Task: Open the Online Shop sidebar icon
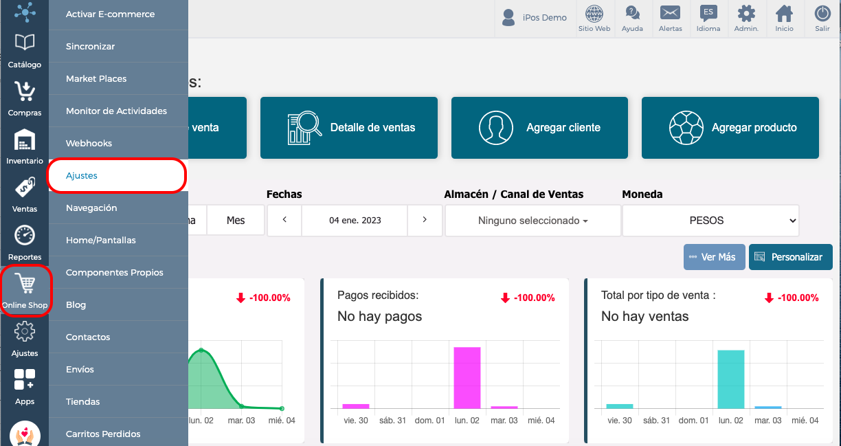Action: (25, 291)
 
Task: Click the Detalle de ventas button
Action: (349, 128)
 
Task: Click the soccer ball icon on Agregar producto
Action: (686, 128)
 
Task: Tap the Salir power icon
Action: (822, 14)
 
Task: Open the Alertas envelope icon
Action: (670, 13)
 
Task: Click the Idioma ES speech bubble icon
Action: (708, 13)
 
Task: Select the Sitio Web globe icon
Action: (594, 14)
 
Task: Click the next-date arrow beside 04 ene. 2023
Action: (425, 220)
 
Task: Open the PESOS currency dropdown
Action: (710, 221)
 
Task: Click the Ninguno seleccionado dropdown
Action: (532, 221)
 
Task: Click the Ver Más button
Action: (714, 257)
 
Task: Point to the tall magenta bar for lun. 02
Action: (467, 378)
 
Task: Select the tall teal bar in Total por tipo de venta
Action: (731, 379)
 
